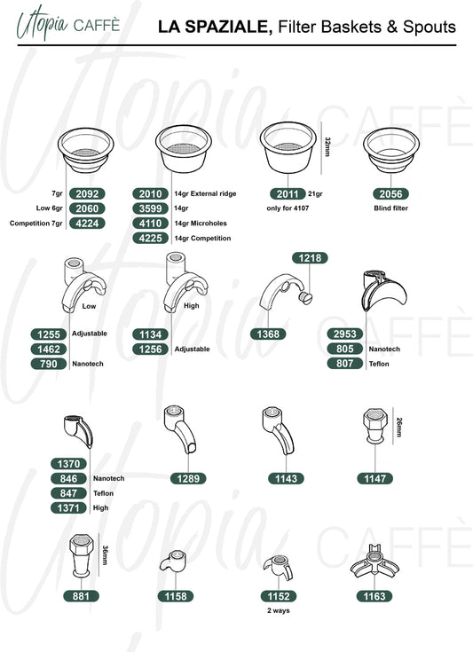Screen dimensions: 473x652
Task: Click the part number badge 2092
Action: (87, 193)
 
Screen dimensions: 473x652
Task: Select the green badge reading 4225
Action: (151, 239)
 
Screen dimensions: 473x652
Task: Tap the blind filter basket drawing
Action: (391, 150)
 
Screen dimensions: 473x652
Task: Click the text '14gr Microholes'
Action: (201, 224)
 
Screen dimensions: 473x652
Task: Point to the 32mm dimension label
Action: (327, 146)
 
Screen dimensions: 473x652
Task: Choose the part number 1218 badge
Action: (310, 258)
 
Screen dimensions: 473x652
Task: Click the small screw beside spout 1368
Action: (306, 297)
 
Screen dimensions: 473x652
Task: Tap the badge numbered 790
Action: (49, 364)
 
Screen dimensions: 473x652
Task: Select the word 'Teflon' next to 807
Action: (379, 364)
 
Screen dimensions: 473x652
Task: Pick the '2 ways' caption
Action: (279, 610)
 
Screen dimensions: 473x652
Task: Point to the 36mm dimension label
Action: (106, 555)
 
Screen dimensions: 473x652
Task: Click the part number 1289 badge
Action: (188, 479)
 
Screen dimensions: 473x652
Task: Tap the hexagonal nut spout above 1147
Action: (375, 426)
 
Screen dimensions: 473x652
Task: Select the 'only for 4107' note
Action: (288, 208)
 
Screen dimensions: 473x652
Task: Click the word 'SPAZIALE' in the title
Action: (229, 27)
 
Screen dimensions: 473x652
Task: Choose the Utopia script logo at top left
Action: (42, 23)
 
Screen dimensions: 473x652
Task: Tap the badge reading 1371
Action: (68, 508)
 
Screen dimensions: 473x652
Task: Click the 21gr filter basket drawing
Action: (288, 147)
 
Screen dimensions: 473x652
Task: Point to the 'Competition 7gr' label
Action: (35, 224)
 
